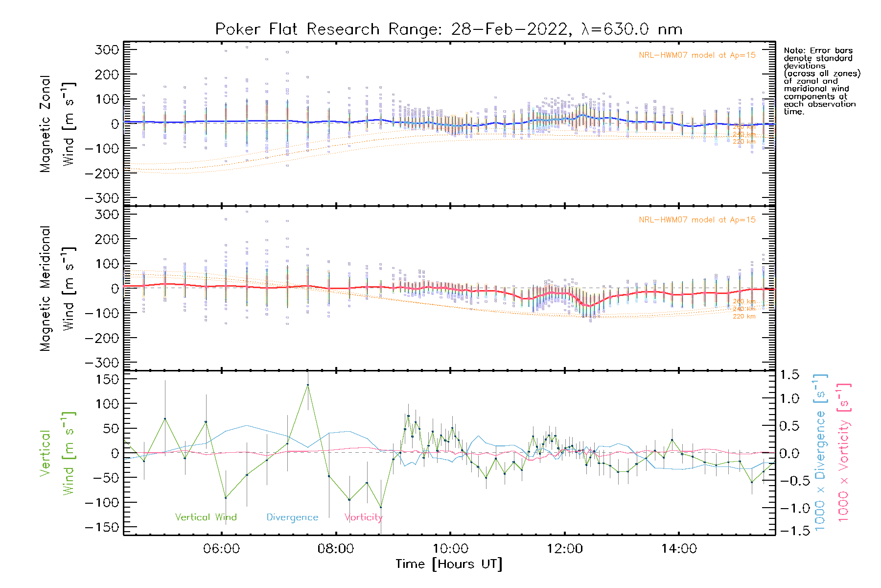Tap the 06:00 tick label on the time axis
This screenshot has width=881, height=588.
pyautogui.click(x=221, y=549)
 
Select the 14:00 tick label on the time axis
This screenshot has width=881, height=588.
pyautogui.click(x=678, y=549)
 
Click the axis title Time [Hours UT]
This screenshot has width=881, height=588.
pyautogui.click(x=448, y=564)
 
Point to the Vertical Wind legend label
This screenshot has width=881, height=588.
pyautogui.click(x=206, y=517)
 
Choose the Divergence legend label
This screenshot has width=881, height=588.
pyautogui.click(x=292, y=517)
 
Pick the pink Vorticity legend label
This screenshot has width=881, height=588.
pyautogui.click(x=363, y=517)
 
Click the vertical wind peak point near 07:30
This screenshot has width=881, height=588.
pyautogui.click(x=308, y=385)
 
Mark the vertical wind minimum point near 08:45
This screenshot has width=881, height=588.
pyautogui.click(x=381, y=507)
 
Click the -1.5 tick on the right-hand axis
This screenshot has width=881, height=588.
pyautogui.click(x=795, y=531)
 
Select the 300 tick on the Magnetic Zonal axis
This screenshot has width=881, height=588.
pyautogui.click(x=107, y=49)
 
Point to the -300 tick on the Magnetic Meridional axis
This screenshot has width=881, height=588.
pyautogui.click(x=102, y=363)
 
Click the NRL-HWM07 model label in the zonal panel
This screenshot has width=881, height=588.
pyautogui.click(x=697, y=55)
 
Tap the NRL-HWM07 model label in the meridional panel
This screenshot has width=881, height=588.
pyautogui.click(x=697, y=220)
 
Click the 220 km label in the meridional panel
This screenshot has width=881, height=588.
pyautogui.click(x=744, y=317)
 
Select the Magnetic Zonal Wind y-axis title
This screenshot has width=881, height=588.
pyautogui.click(x=58, y=124)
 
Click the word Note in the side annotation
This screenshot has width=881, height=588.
pyautogui.click(x=793, y=50)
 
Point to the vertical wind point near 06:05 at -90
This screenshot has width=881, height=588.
pyautogui.click(x=226, y=498)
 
